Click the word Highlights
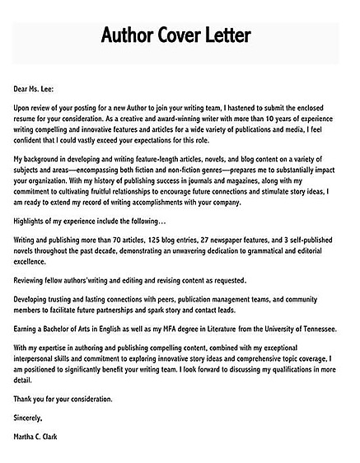coord(32,220)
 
